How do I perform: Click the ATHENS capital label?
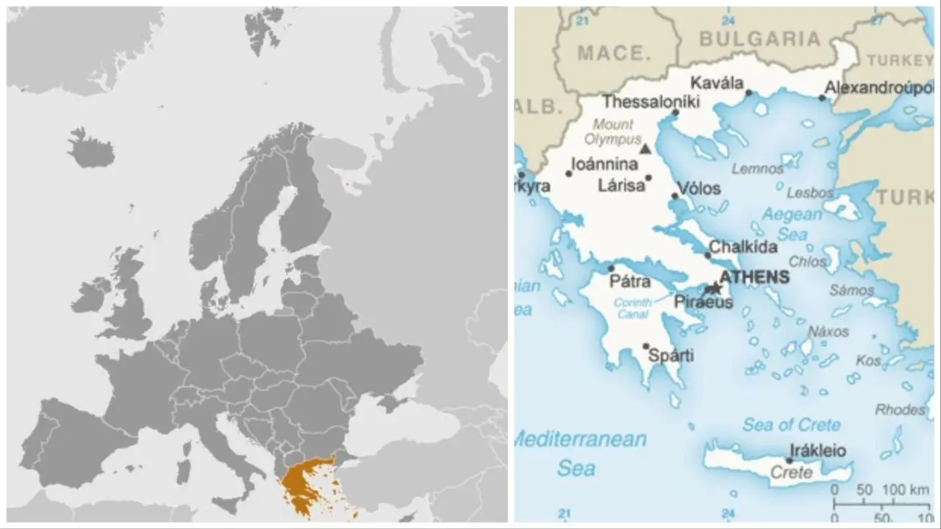(x=754, y=277)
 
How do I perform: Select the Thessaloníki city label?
(x=651, y=102)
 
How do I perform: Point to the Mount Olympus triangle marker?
(x=645, y=149)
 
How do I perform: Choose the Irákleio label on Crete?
(x=817, y=450)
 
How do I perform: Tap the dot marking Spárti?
(x=646, y=346)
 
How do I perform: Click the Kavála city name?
(x=717, y=83)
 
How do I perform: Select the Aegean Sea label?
(x=791, y=224)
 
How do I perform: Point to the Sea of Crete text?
(x=790, y=424)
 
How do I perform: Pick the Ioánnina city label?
(x=604, y=164)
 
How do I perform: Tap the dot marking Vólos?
(x=675, y=195)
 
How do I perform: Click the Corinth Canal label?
(x=632, y=308)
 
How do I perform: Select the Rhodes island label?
(x=900, y=409)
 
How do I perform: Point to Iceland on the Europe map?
(x=90, y=149)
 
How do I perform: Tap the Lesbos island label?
(x=810, y=193)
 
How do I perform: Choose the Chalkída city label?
(x=743, y=247)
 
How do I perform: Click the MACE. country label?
(x=615, y=53)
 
